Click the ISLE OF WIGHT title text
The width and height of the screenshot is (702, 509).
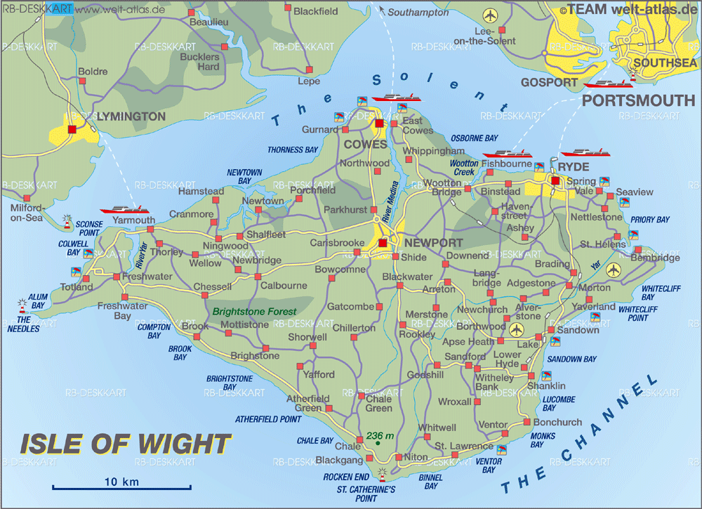125,444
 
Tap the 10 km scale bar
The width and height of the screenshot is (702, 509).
121,487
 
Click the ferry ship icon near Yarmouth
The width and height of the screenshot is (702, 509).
124,209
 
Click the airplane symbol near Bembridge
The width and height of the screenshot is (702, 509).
614,270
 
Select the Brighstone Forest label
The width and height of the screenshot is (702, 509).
255,311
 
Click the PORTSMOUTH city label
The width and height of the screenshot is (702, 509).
639,100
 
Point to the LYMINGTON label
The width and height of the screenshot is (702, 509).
131,116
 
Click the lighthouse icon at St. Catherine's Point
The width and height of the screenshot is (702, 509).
383,472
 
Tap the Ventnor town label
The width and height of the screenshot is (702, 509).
493,425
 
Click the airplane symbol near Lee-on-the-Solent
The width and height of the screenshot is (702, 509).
489,15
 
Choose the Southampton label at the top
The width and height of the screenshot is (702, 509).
418,13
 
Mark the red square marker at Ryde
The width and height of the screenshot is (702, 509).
555,181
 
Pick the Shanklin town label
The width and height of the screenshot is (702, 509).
546,386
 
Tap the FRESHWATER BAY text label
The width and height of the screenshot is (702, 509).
122,311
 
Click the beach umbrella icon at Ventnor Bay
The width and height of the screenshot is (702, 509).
501,449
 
